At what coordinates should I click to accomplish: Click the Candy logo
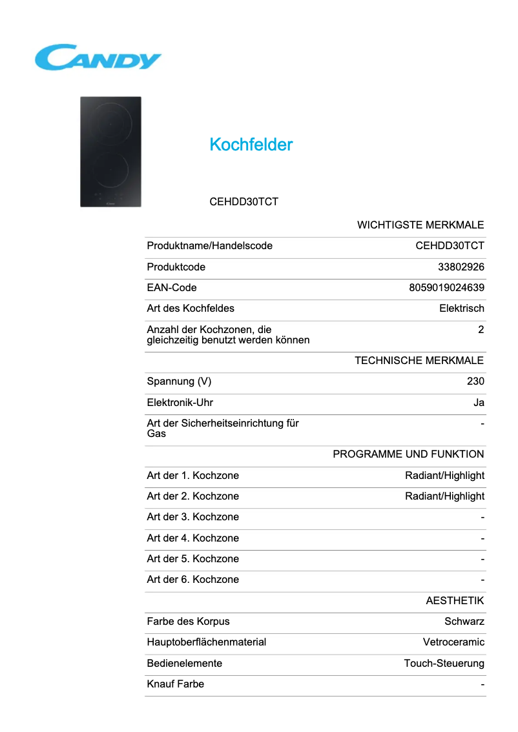98,57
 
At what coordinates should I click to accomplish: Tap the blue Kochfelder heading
251,145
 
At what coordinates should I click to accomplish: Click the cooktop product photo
110,152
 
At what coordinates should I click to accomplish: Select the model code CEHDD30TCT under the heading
243,201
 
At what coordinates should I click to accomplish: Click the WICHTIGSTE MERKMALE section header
420,225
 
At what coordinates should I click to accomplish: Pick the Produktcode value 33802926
461,267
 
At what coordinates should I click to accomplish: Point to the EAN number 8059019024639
446,287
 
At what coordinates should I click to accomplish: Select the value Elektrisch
461,309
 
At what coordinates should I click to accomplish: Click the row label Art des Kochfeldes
191,309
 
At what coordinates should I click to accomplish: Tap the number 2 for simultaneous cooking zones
481,330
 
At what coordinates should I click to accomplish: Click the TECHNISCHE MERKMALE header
419,360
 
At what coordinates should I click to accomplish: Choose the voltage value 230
475,381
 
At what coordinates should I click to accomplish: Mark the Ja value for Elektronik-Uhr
479,403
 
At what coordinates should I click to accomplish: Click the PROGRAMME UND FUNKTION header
408,454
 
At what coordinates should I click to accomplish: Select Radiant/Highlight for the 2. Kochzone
444,496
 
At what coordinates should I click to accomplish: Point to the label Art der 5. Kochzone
192,559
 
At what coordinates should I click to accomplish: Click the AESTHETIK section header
455,601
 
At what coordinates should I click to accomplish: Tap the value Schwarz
464,622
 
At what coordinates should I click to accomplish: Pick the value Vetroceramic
453,642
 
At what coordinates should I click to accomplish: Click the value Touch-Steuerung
444,664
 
